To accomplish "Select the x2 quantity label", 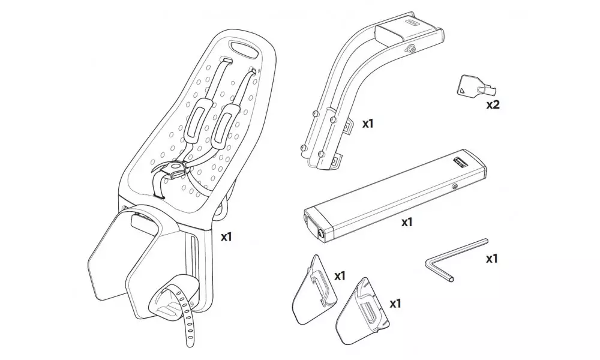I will click(493, 104).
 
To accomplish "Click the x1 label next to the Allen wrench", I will click(492, 259).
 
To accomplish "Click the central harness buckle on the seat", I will click(174, 170).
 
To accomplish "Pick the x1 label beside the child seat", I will click(226, 237).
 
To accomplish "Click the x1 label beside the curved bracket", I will click(368, 124).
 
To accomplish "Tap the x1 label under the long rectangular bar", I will click(407, 222).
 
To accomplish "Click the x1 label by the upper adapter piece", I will click(340, 276).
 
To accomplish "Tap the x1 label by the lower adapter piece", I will click(395, 304).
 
